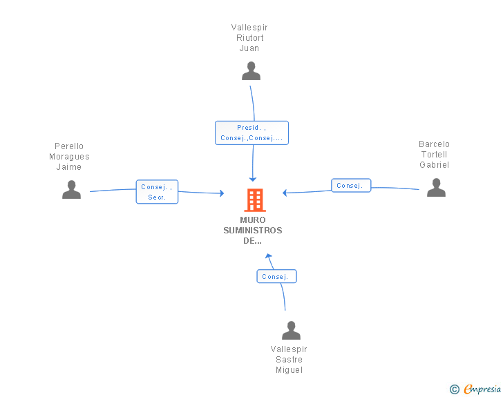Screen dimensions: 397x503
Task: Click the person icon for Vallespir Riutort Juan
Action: point(251,71)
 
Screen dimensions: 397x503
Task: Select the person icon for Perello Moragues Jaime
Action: point(71,190)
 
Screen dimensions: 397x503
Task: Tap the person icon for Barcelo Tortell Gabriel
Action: point(436,188)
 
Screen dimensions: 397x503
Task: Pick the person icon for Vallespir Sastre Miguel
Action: point(291,331)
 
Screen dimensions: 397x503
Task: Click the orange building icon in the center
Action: point(254,200)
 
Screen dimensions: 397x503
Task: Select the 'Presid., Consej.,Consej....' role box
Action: point(251,133)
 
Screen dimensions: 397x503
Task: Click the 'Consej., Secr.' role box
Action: point(157,192)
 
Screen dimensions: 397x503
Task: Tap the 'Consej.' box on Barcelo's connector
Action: point(351,186)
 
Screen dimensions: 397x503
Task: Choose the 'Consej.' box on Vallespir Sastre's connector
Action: point(276,277)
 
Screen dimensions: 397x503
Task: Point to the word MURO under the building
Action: point(253,220)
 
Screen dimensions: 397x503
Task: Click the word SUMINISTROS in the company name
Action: point(253,231)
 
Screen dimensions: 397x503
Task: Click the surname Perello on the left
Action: point(69,146)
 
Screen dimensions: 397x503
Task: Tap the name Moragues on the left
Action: point(69,157)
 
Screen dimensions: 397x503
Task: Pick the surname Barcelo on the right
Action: point(434,144)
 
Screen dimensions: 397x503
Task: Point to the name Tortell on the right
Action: point(434,155)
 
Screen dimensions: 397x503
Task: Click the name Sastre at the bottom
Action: point(289,360)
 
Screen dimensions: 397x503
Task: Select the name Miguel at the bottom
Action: point(289,370)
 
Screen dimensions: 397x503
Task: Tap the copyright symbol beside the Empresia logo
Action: point(454,390)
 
